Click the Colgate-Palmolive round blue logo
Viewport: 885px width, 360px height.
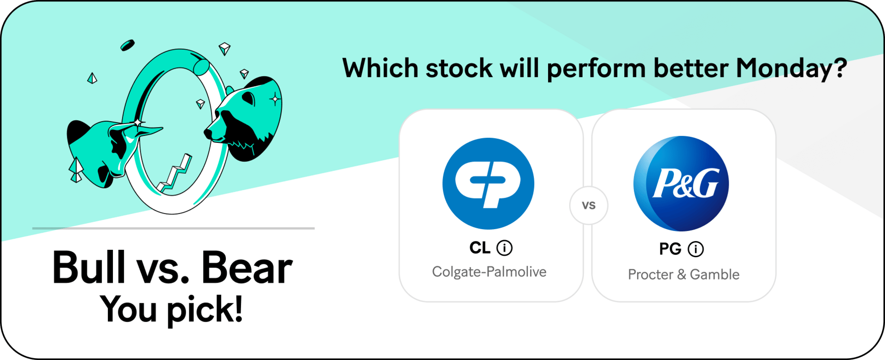pyautogui.click(x=489, y=183)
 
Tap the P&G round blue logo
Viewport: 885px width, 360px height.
pyautogui.click(x=681, y=183)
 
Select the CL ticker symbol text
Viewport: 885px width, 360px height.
pyautogui.click(x=480, y=248)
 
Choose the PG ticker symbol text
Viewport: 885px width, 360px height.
pyautogui.click(x=670, y=249)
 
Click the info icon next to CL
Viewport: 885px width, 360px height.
pyautogui.click(x=505, y=248)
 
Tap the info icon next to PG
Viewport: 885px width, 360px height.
pyautogui.click(x=696, y=249)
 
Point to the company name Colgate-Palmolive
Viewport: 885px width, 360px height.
pyautogui.click(x=489, y=272)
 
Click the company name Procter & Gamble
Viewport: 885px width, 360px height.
pyautogui.click(x=684, y=275)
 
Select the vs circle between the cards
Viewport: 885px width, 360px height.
pyautogui.click(x=589, y=206)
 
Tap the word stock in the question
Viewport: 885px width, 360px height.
pyautogui.click(x=459, y=69)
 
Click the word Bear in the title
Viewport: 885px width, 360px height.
pyautogui.click(x=247, y=267)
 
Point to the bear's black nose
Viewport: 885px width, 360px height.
pyautogui.click(x=208, y=134)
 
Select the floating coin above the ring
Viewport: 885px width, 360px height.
pyautogui.click(x=127, y=45)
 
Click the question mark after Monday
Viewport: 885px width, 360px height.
pyautogui.click(x=840, y=67)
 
